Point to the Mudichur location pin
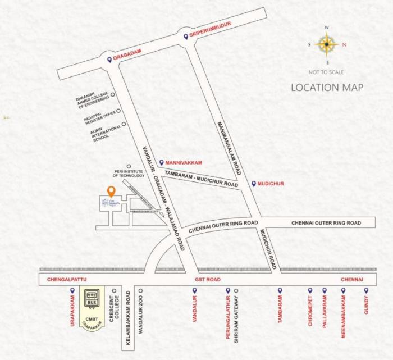point(254,183)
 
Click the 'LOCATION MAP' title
point(327,88)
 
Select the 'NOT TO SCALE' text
point(326,72)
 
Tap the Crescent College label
point(115,309)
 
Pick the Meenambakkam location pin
point(344,291)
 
